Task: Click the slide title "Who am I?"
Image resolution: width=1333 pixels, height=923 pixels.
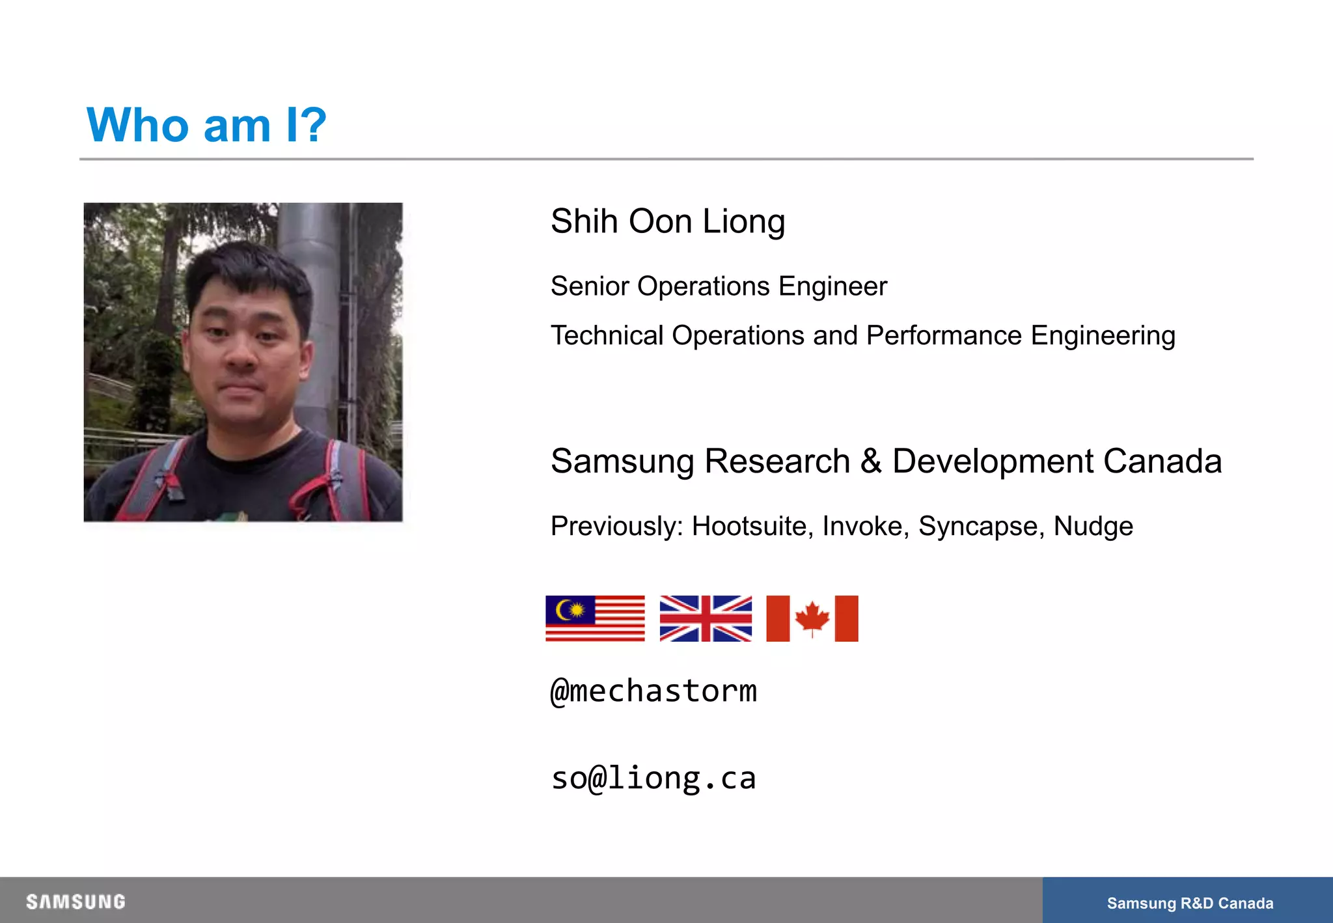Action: click(x=206, y=124)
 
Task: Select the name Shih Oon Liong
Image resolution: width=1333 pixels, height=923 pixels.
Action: click(x=668, y=222)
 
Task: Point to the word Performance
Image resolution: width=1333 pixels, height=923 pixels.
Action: click(x=944, y=336)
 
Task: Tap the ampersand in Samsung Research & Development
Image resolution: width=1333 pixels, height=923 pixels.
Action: click(x=871, y=461)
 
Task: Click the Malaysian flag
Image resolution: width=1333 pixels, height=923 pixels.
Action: click(x=595, y=618)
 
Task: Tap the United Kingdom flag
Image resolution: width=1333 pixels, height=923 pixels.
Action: click(x=706, y=618)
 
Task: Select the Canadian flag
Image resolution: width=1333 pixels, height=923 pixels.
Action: click(x=812, y=618)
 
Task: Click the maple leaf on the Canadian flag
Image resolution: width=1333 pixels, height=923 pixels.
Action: click(x=812, y=617)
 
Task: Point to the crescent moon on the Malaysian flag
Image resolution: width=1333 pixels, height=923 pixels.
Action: click(x=564, y=610)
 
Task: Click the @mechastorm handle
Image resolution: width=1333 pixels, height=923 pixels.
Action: click(x=653, y=691)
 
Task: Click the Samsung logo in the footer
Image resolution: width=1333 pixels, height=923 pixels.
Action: click(x=76, y=902)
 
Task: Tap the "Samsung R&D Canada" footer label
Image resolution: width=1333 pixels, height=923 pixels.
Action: click(x=1190, y=903)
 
